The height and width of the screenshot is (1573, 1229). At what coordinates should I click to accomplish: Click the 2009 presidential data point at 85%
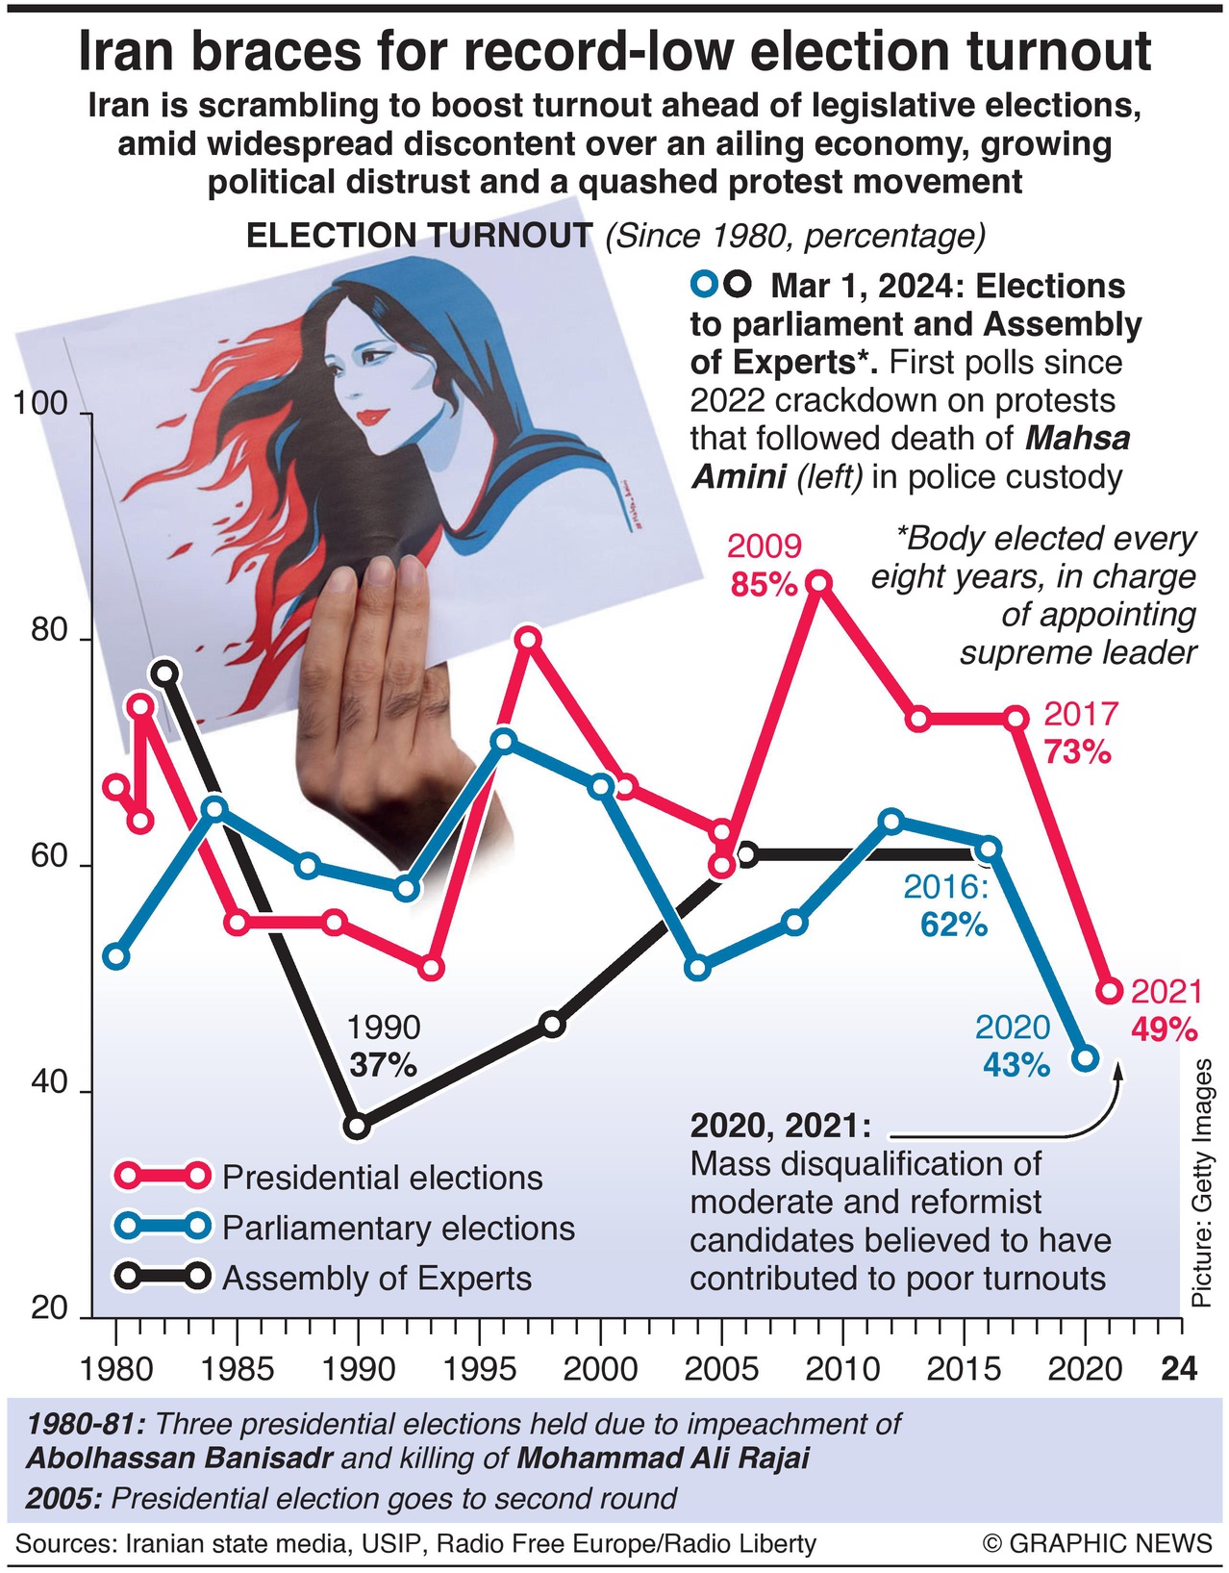(819, 582)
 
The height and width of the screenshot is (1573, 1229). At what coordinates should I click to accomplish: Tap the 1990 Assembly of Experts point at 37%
(357, 1126)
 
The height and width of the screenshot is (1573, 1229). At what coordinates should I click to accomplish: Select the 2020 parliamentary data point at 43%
(1086, 1058)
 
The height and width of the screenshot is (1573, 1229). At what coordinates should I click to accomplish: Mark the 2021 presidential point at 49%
(1110, 991)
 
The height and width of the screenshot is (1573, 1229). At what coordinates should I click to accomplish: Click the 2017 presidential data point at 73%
(1016, 718)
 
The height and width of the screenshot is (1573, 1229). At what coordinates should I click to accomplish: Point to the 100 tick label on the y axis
(40, 404)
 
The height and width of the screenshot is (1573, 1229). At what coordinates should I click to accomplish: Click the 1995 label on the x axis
(479, 1368)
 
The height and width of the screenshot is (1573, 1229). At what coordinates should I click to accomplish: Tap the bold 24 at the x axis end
(1179, 1368)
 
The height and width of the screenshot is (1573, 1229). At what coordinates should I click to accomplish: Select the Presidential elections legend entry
(382, 1178)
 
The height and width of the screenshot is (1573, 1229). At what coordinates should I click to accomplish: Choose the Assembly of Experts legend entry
(376, 1279)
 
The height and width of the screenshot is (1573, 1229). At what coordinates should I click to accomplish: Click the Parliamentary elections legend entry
(397, 1229)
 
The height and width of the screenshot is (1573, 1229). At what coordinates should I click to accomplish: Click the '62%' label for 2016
(953, 925)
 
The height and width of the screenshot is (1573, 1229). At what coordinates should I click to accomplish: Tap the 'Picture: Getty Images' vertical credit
(1201, 1183)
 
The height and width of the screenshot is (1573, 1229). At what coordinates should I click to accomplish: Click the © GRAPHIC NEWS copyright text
(1097, 1544)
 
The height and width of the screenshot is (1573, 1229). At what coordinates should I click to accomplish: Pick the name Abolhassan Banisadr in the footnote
(179, 1459)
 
